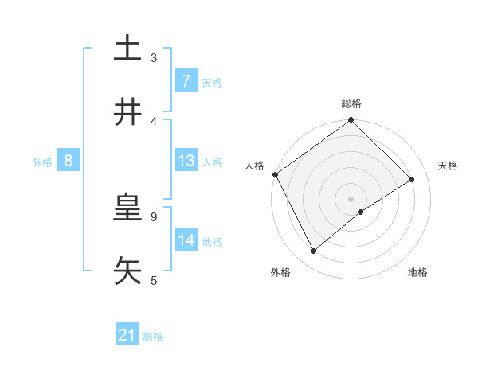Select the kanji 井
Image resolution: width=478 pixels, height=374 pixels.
click(x=127, y=112)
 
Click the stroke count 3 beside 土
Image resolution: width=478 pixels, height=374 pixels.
click(x=154, y=57)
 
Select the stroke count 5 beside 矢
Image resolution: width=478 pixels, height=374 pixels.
click(x=154, y=280)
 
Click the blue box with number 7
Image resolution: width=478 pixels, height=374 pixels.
click(x=186, y=81)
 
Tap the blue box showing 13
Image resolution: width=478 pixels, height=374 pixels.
click(x=186, y=161)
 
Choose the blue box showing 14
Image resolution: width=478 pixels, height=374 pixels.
click(x=186, y=240)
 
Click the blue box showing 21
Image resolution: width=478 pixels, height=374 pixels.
click(x=127, y=336)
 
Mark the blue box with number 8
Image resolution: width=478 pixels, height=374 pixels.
click(x=69, y=161)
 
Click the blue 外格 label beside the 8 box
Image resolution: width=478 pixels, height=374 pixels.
click(x=42, y=162)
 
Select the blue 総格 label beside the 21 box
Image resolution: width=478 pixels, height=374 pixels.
click(x=153, y=337)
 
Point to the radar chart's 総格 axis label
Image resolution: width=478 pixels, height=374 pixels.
click(x=351, y=103)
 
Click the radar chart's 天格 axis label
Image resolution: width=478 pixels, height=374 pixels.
click(x=449, y=166)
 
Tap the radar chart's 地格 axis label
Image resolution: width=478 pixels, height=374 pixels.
click(x=417, y=273)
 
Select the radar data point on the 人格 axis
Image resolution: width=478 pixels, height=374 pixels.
click(x=275, y=174)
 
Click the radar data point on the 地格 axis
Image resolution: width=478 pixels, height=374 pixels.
click(x=361, y=212)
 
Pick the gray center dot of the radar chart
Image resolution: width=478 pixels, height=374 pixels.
click(x=351, y=198)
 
